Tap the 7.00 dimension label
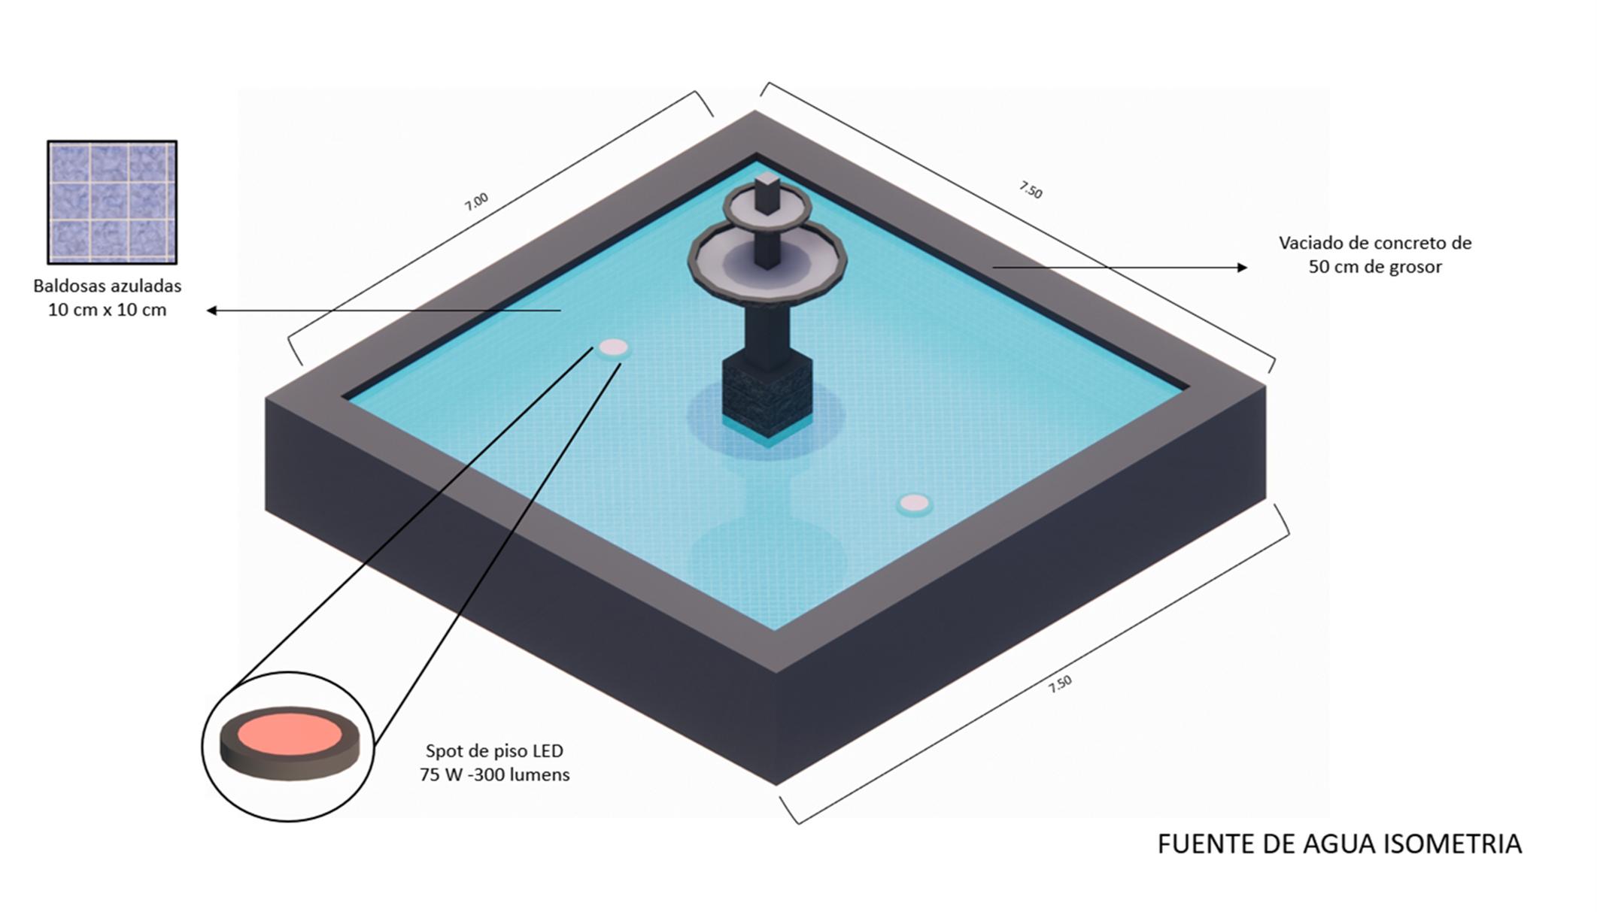coord(476,201)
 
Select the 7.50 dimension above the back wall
coord(1031,190)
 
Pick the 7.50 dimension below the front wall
coord(1060,683)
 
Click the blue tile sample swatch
coord(112,202)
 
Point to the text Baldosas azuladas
coord(108,286)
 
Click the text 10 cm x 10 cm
coord(108,310)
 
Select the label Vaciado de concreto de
coord(1375,243)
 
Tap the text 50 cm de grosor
coord(1375,267)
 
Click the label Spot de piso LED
coord(494,750)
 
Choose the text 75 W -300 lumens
coord(494,774)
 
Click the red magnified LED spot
coord(290,735)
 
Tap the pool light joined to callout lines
coord(613,347)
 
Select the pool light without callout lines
coord(915,503)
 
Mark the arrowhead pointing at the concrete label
coord(1242,267)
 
